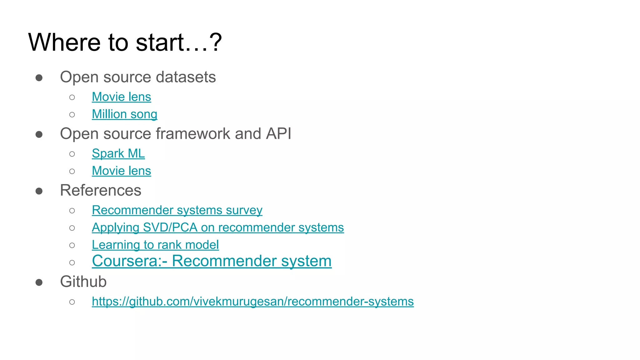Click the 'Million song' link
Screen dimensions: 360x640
[x=124, y=114]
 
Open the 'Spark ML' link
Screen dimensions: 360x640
[x=118, y=153]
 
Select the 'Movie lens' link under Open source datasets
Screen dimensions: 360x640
[x=121, y=97]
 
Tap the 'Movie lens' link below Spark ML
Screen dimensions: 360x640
[x=121, y=171]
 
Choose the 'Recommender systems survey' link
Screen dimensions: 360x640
[x=177, y=210]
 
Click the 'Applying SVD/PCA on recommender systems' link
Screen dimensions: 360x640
[x=218, y=227]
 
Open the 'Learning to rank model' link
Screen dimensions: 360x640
[x=155, y=245]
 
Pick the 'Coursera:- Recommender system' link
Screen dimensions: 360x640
[x=212, y=261]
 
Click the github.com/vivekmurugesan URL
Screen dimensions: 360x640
[x=252, y=302]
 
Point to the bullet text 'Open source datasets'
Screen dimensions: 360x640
[x=138, y=77]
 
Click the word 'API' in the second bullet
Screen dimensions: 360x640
[x=278, y=134]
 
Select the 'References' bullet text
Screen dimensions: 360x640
[x=101, y=190]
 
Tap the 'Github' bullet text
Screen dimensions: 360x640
[x=83, y=282]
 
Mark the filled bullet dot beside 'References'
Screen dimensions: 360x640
[x=39, y=191]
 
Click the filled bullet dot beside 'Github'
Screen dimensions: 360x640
[x=39, y=282]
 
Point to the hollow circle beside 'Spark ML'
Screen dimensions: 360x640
[x=72, y=154]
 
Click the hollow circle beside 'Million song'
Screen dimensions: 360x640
[x=72, y=115]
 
